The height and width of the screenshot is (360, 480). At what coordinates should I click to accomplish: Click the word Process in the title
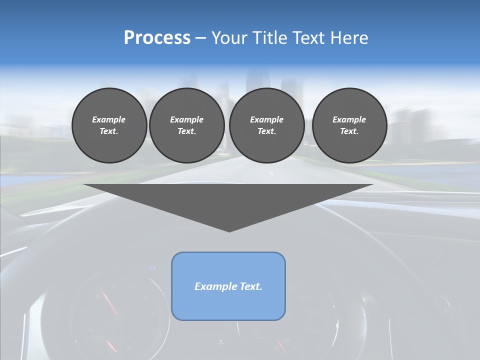pyautogui.click(x=157, y=38)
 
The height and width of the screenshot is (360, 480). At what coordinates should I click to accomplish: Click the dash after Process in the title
pyautogui.click(x=200, y=38)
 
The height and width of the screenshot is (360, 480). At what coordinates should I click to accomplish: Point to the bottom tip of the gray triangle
pyautogui.click(x=229, y=230)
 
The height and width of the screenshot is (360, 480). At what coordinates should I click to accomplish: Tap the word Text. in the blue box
pyautogui.click(x=251, y=286)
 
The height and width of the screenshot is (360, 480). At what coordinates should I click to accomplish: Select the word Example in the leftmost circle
pyautogui.click(x=109, y=119)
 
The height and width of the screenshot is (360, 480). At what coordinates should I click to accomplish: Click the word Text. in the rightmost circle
pyautogui.click(x=349, y=131)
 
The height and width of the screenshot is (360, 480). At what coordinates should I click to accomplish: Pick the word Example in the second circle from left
pyautogui.click(x=187, y=119)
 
